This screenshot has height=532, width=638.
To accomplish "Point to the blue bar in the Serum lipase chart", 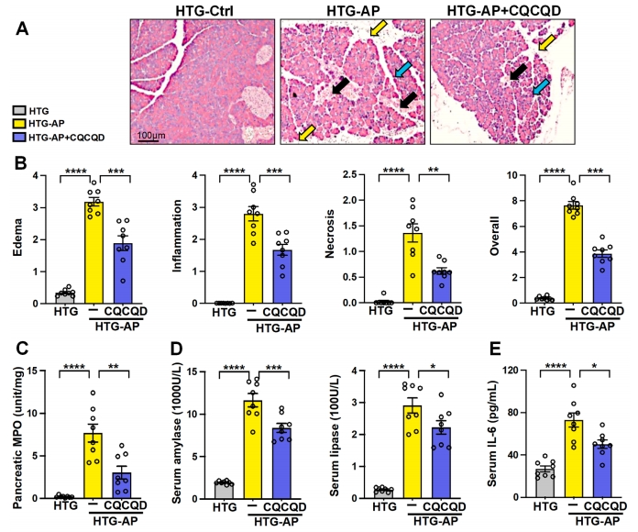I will [x=442, y=462].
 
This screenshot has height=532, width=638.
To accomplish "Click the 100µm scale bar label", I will [x=151, y=136].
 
